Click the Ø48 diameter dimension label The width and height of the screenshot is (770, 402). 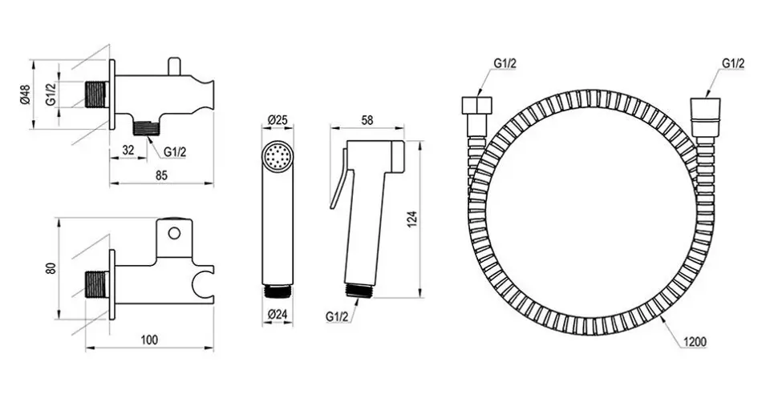click(x=26, y=94)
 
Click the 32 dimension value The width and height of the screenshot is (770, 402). click(x=128, y=151)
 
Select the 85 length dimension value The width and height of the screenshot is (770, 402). click(x=161, y=175)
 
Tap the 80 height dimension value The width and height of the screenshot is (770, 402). click(x=53, y=268)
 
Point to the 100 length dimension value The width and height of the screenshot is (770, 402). click(x=149, y=340)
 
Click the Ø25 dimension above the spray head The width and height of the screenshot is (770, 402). click(x=278, y=119)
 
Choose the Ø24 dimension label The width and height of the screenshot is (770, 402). click(x=278, y=316)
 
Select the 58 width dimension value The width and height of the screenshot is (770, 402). click(x=367, y=120)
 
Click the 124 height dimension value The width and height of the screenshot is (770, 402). click(x=412, y=219)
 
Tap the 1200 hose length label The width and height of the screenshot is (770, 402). click(x=695, y=342)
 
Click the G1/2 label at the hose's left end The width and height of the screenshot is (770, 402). click(x=505, y=64)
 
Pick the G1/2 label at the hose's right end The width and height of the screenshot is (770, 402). click(x=733, y=64)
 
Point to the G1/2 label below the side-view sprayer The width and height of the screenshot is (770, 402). click(x=336, y=317)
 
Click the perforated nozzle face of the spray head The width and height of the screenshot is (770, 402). click(x=278, y=157)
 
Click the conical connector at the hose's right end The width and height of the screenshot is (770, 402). click(x=705, y=119)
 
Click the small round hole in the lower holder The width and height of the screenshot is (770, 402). click(x=174, y=233)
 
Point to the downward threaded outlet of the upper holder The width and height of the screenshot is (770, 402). click(x=147, y=127)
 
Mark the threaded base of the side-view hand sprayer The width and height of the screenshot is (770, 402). click(x=360, y=290)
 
